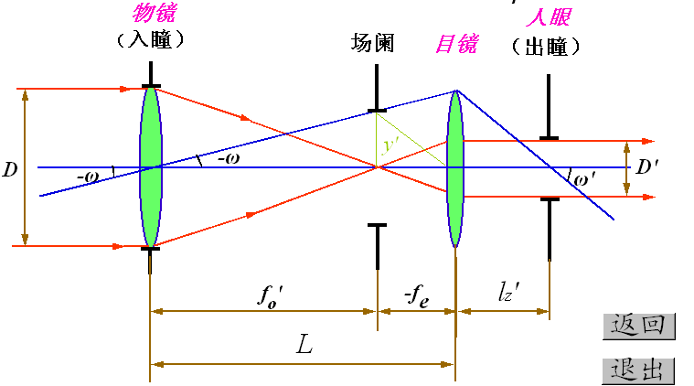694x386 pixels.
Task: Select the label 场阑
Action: click(373, 42)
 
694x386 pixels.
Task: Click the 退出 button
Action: click(638, 370)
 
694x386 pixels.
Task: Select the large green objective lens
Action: click(150, 166)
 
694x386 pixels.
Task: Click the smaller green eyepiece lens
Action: click(454, 167)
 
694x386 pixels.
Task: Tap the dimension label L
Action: click(304, 344)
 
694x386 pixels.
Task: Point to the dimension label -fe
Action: click(417, 295)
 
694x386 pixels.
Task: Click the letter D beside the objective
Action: click(10, 169)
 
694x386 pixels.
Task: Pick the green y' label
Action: click(392, 144)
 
